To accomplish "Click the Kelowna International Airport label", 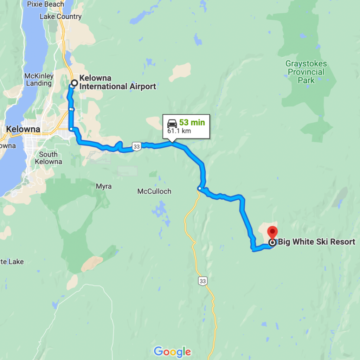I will click(117, 82).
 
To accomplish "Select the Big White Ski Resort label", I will click(316, 242).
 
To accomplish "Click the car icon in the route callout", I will click(172, 123).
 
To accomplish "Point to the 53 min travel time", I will click(192, 123).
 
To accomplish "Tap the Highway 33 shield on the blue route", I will click(137, 146).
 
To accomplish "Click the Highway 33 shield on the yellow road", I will click(202, 281).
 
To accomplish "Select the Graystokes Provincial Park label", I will click(306, 72).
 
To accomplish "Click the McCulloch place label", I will click(154, 191).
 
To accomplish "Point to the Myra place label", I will click(104, 186).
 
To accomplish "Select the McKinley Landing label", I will click(39, 80).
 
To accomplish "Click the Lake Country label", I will click(60, 17).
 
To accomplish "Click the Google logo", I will click(172, 352).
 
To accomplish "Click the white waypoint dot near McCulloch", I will click(199, 189).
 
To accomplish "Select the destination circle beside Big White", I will click(272, 243).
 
